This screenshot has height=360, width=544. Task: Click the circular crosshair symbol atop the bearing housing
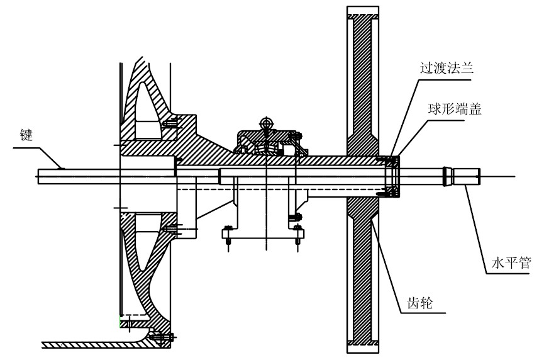266,121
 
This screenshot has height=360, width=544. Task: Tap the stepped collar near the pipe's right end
447,176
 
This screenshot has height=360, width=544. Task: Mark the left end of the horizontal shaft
38,176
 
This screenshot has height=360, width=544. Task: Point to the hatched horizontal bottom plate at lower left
94,344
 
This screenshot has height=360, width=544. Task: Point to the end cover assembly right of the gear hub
391,176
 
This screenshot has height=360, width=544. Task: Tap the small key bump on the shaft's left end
61,167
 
